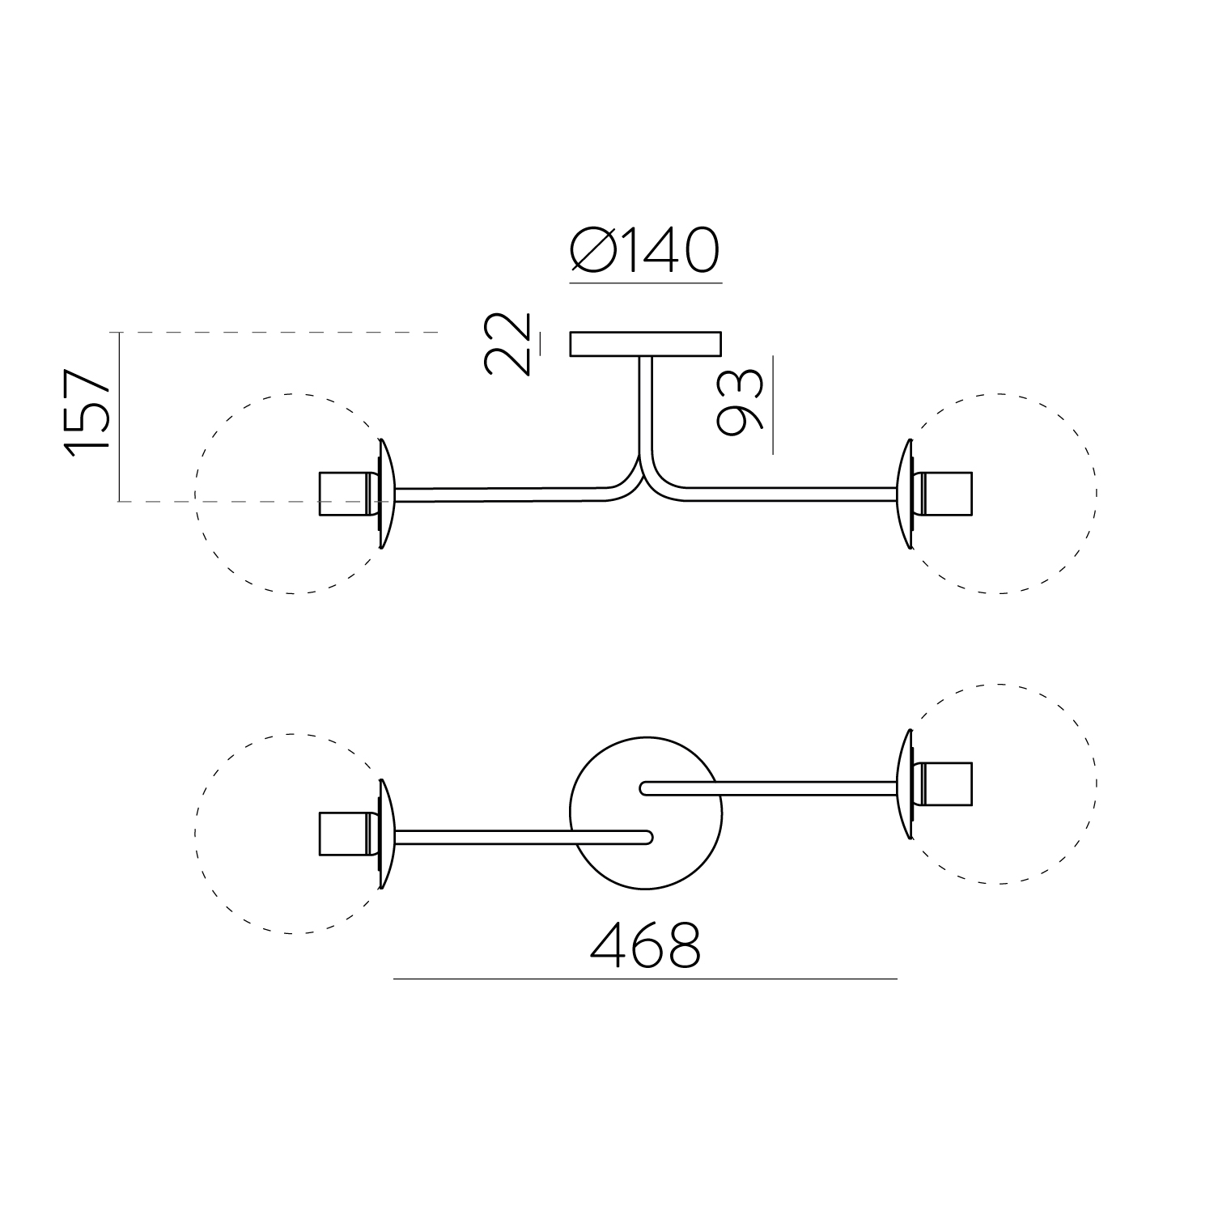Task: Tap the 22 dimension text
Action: (x=507, y=344)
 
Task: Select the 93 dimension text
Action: (x=740, y=402)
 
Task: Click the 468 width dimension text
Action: (x=645, y=944)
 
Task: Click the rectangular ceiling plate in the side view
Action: (x=645, y=344)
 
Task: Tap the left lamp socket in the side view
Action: (x=344, y=493)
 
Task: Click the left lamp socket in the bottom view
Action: (x=344, y=833)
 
